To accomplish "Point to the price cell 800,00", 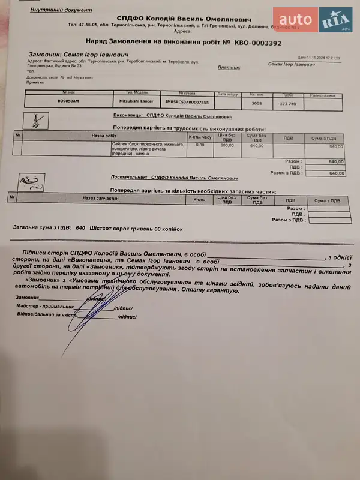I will coord(227,145).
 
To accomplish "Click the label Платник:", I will coord(230,68).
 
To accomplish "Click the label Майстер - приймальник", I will coord(44,306).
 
